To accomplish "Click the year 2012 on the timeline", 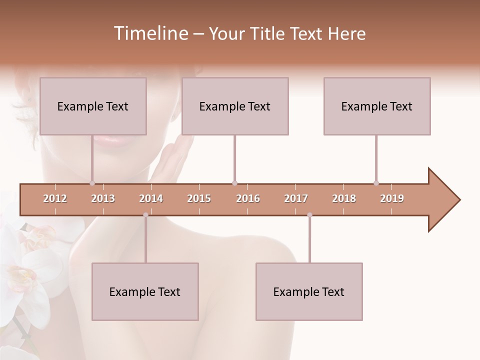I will click(55, 198).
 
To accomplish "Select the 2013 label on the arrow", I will click(103, 198).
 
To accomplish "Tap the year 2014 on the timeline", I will click(151, 198).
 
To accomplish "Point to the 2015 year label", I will click(199, 198).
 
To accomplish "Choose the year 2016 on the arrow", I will click(248, 198).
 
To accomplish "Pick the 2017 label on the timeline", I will click(296, 198).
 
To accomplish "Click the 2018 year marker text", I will click(344, 198).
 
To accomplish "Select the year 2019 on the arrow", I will click(392, 198).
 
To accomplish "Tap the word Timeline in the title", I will click(150, 33).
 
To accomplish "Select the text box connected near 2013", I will click(93, 106).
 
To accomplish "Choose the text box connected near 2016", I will click(235, 106).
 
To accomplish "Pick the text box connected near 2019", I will click(377, 106).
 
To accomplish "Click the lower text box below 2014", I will click(145, 291).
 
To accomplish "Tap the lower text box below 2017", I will click(309, 291).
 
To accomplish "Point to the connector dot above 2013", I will click(92, 183).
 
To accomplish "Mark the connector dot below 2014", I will click(145, 215).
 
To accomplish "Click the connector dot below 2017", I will click(309, 215).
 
